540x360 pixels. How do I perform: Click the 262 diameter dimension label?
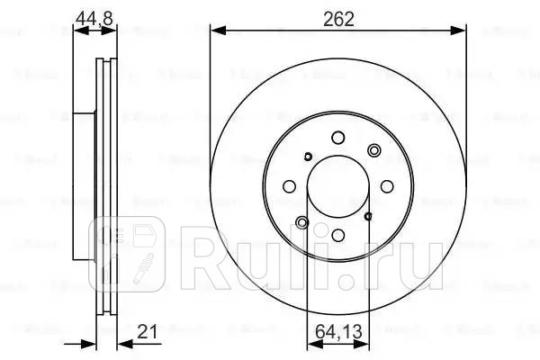click(338, 15)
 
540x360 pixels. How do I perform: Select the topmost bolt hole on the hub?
click(338, 138)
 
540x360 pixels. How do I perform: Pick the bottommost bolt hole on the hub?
click(338, 236)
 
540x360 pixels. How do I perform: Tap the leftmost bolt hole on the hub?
click(289, 187)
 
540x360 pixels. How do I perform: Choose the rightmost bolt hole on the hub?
click(388, 186)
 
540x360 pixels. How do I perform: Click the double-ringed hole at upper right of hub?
click(373, 151)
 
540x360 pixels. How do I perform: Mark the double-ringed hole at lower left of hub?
click(302, 222)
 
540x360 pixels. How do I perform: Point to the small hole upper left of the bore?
click(308, 157)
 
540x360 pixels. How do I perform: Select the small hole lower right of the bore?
click(369, 217)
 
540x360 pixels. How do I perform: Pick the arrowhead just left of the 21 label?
click(122, 343)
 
